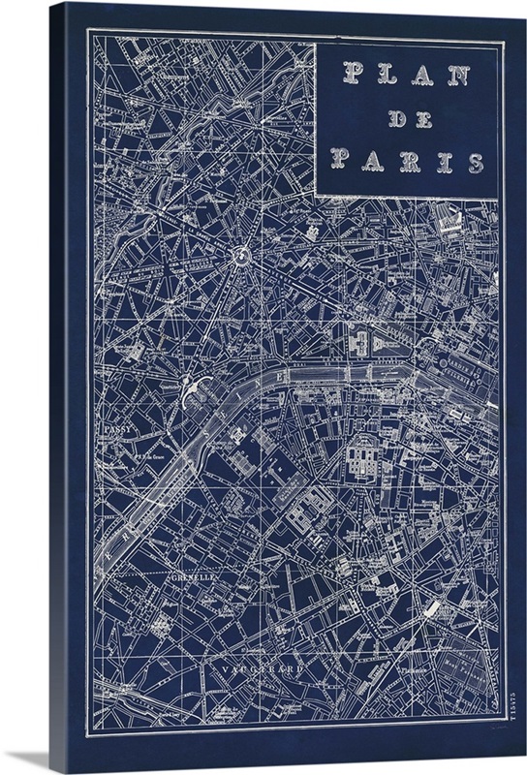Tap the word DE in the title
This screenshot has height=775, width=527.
407,118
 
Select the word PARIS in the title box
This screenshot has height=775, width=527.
407,161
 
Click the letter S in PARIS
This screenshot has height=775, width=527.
475,162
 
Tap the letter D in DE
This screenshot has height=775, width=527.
394,118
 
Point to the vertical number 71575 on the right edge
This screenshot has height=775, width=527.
505,715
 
